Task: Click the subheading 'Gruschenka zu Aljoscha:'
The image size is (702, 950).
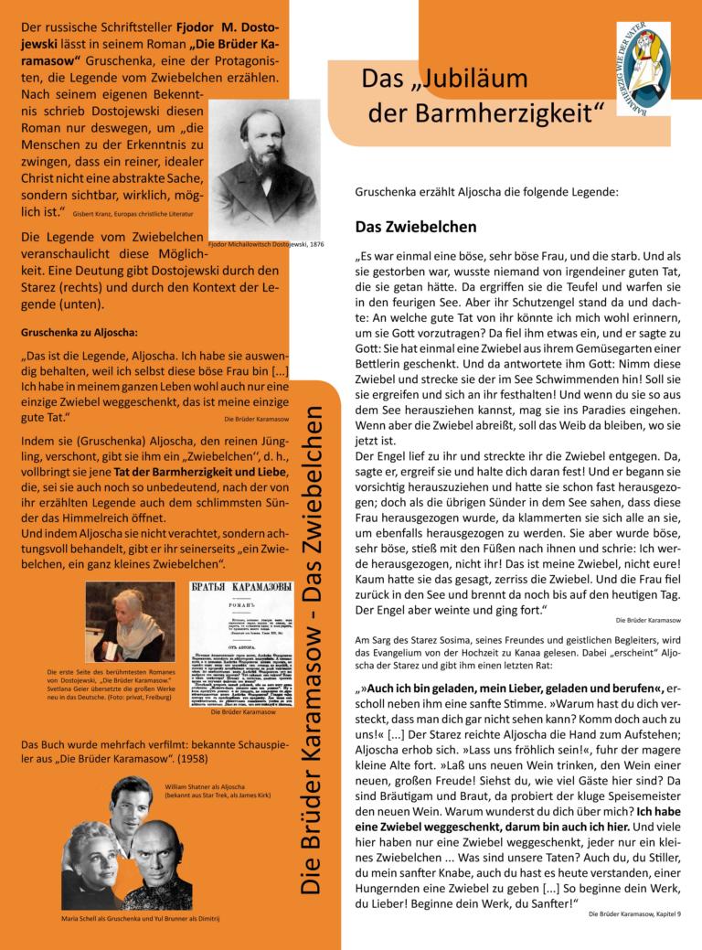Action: tap(79, 332)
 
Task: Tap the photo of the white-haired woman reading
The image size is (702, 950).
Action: tap(130, 621)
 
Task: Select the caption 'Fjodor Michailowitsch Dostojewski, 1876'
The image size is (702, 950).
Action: tap(265, 245)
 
